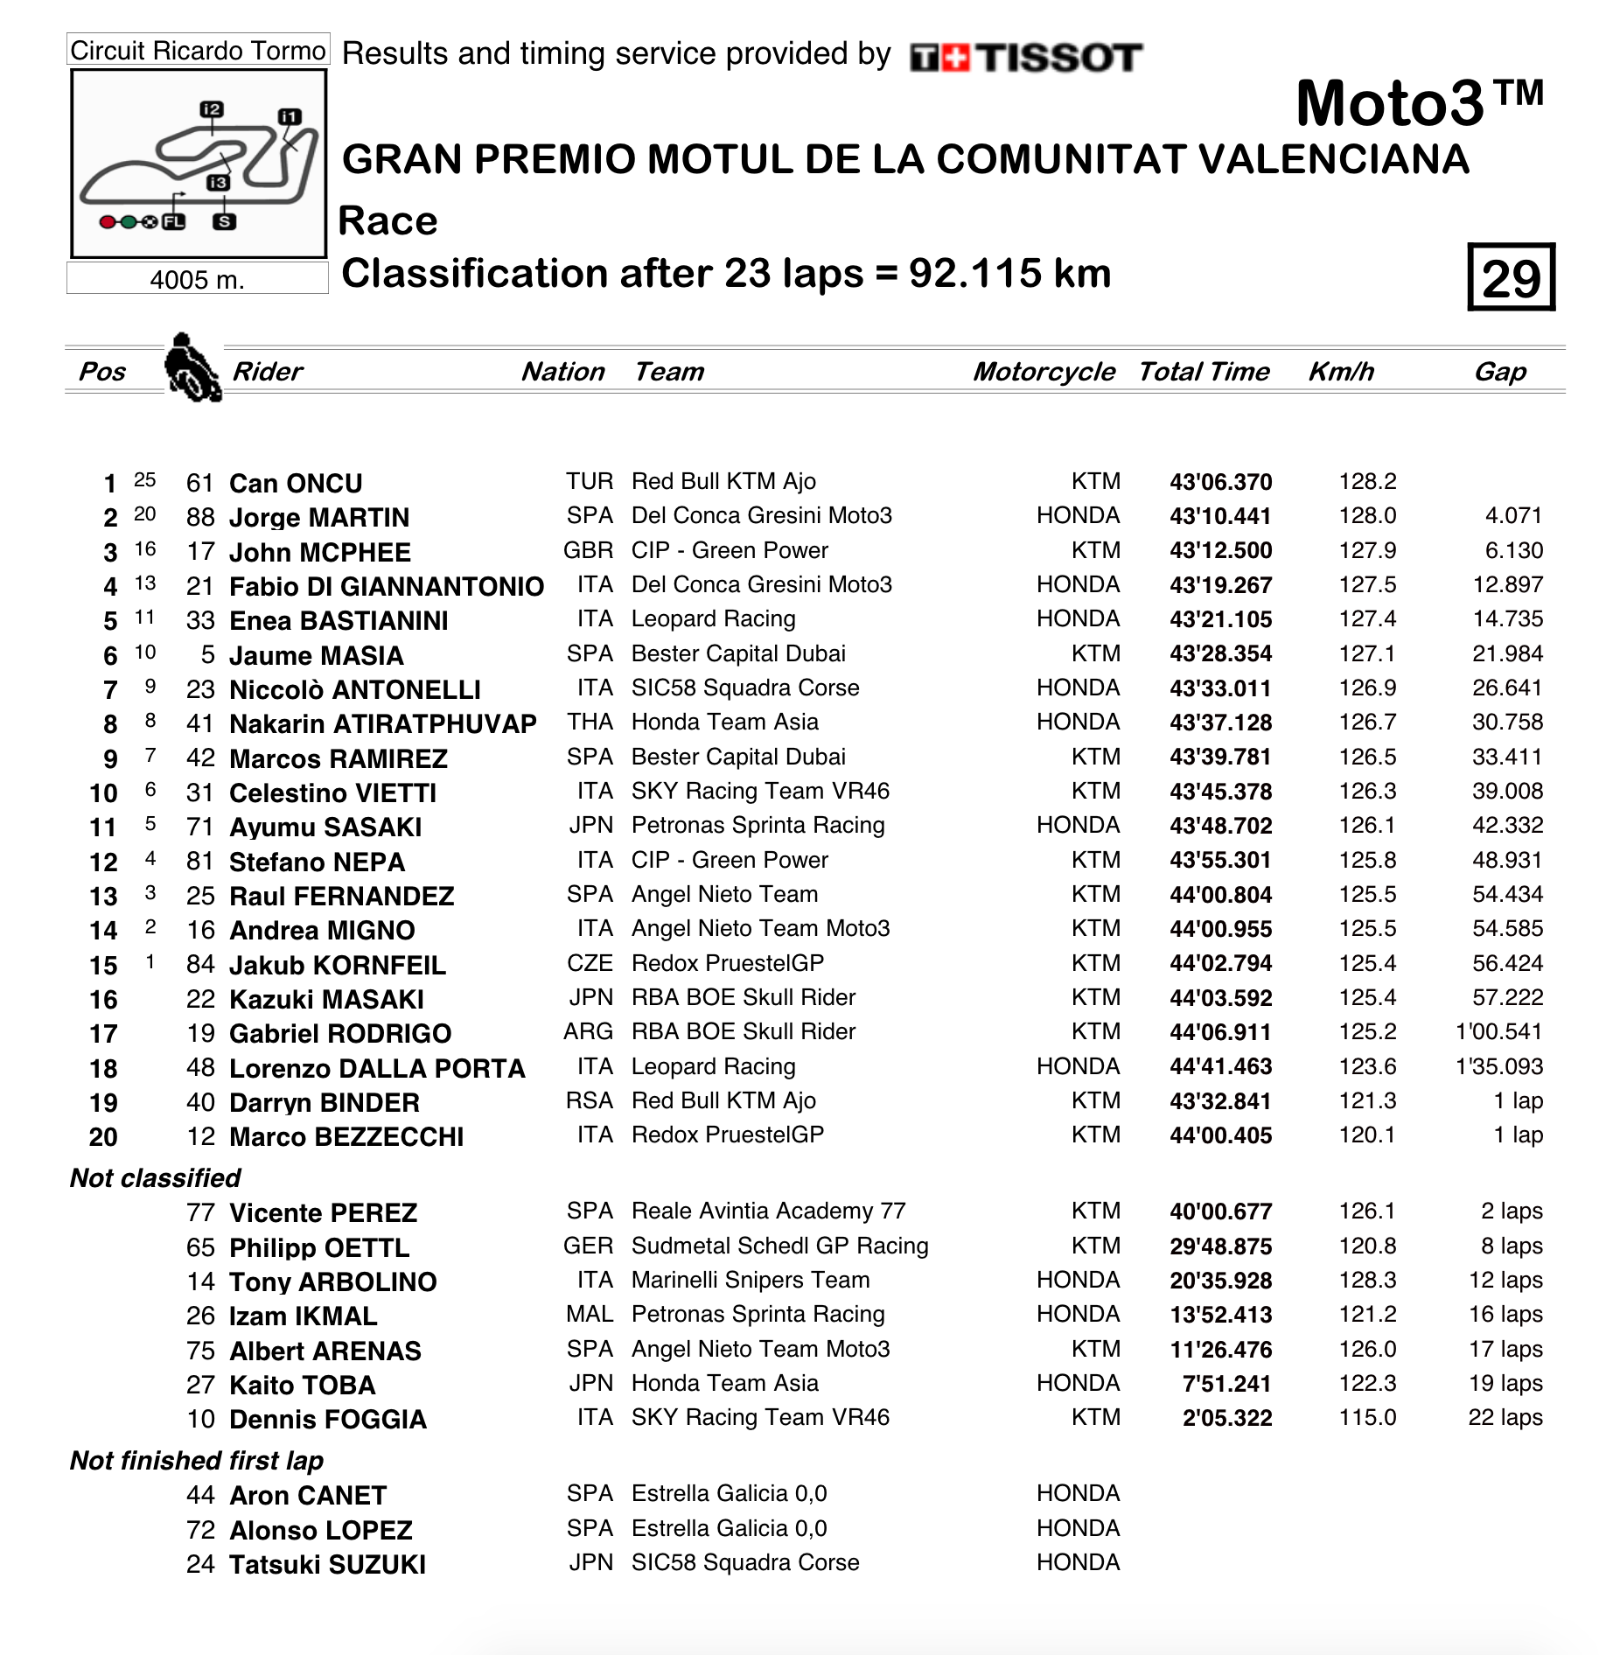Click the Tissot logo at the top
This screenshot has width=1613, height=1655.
click(x=1025, y=58)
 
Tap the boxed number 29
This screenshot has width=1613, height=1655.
click(x=1511, y=278)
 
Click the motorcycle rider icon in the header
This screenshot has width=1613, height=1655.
click(x=192, y=368)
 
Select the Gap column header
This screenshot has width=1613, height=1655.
click(x=1499, y=372)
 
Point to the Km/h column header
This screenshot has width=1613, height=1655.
click(x=1340, y=372)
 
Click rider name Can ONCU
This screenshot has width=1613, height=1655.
click(x=296, y=483)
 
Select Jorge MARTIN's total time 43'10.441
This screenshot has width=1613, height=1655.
click(x=1220, y=516)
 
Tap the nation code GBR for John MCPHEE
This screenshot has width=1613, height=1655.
click(x=588, y=550)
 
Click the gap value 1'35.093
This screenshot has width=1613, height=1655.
click(x=1498, y=1066)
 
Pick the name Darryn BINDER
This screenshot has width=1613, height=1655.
click(x=325, y=1102)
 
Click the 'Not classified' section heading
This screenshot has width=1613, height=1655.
click(x=156, y=1178)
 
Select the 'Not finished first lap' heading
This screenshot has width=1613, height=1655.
click(x=197, y=1460)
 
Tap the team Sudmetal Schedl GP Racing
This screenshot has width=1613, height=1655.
click(x=779, y=1246)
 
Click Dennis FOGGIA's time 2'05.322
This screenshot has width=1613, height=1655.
click(x=1226, y=1418)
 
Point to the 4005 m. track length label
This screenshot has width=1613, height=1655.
click(x=197, y=280)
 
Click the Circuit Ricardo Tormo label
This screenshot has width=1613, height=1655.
click(x=198, y=51)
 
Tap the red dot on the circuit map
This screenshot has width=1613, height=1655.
click(x=108, y=222)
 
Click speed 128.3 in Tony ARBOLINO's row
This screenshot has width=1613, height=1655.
click(x=1367, y=1281)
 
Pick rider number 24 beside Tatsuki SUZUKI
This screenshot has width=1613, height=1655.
click(x=200, y=1564)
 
